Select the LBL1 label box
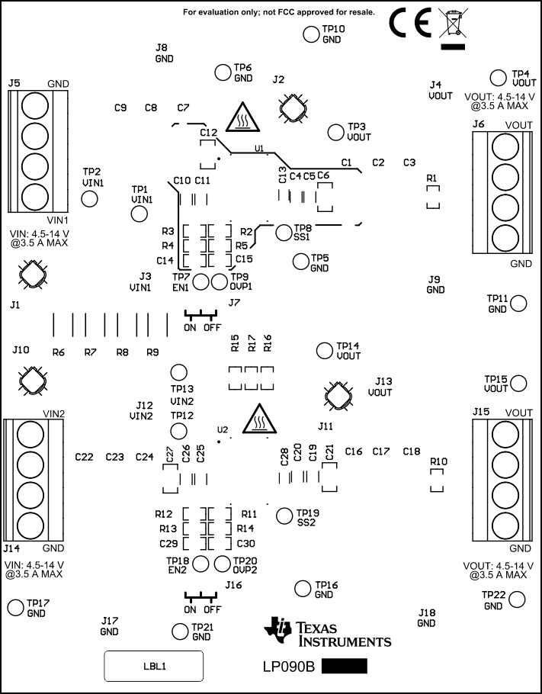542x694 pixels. tap(153, 666)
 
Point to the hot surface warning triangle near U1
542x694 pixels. tap(242, 117)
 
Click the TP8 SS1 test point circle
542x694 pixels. tap(284, 233)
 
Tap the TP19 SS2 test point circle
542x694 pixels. tap(284, 516)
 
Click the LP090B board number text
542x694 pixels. tap(289, 667)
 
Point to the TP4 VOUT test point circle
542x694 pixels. tap(498, 77)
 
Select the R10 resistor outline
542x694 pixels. tap(437, 480)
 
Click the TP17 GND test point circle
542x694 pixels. tap(15, 607)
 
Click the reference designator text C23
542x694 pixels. tap(114, 457)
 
